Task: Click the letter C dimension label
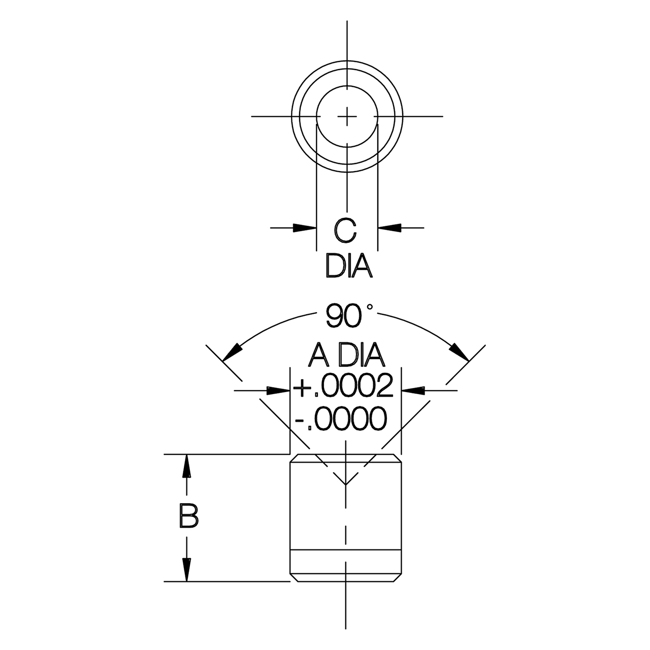(345, 230)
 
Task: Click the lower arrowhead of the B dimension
(187, 571)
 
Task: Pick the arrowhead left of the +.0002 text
(279, 390)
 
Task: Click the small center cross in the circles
(347, 116)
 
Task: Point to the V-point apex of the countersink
(346, 485)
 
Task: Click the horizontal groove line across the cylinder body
(346, 551)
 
